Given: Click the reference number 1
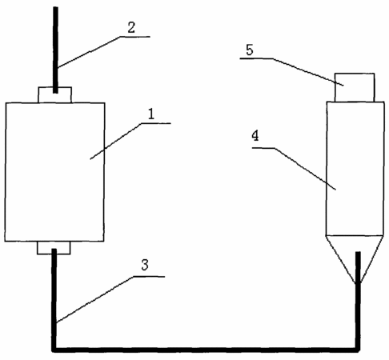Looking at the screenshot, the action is tap(151, 114).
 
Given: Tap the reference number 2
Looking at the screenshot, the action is tap(131, 27).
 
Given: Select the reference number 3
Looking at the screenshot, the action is tap(145, 265).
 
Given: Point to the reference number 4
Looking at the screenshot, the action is tap(255, 136).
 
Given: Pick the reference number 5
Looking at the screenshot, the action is tap(250, 50).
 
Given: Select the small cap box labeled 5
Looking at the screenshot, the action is tap(355, 87).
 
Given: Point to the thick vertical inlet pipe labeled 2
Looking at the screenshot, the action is tap(55, 50).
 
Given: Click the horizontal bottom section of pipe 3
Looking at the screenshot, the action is tap(206, 350).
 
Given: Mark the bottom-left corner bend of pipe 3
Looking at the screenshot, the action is tap(54, 350).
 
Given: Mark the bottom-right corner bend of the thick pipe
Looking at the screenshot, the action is tap(358, 350).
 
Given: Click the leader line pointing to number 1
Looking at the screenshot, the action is tap(130, 141).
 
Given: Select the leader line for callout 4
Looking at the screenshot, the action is tap(294, 169).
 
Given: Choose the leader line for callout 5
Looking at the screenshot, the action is tap(291, 72).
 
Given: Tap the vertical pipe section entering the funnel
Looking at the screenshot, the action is tap(358, 300).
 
